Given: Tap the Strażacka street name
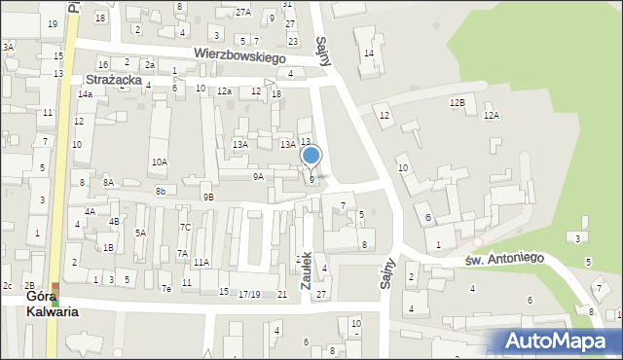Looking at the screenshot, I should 115,79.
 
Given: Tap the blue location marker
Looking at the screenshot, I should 311,156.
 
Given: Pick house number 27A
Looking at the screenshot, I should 243,12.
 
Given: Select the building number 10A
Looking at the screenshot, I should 159,162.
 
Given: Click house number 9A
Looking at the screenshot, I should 258,177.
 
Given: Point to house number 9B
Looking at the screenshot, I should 208,197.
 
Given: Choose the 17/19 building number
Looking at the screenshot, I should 249,294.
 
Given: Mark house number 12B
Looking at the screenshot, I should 457,102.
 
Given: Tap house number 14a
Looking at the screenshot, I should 86,93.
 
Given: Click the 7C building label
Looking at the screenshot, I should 185,227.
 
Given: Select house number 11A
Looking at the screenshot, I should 201,262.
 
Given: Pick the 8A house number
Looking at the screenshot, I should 108,183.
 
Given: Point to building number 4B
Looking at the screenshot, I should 114,221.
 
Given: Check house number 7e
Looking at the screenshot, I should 166,289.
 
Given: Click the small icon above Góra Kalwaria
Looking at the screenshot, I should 55,289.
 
